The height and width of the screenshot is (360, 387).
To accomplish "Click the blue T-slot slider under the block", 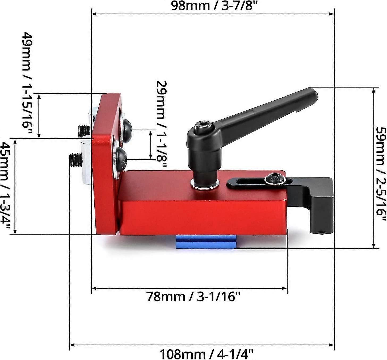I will pyautogui.click(x=206, y=242).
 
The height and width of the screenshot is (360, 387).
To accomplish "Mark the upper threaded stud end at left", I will pyautogui.click(x=83, y=130).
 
